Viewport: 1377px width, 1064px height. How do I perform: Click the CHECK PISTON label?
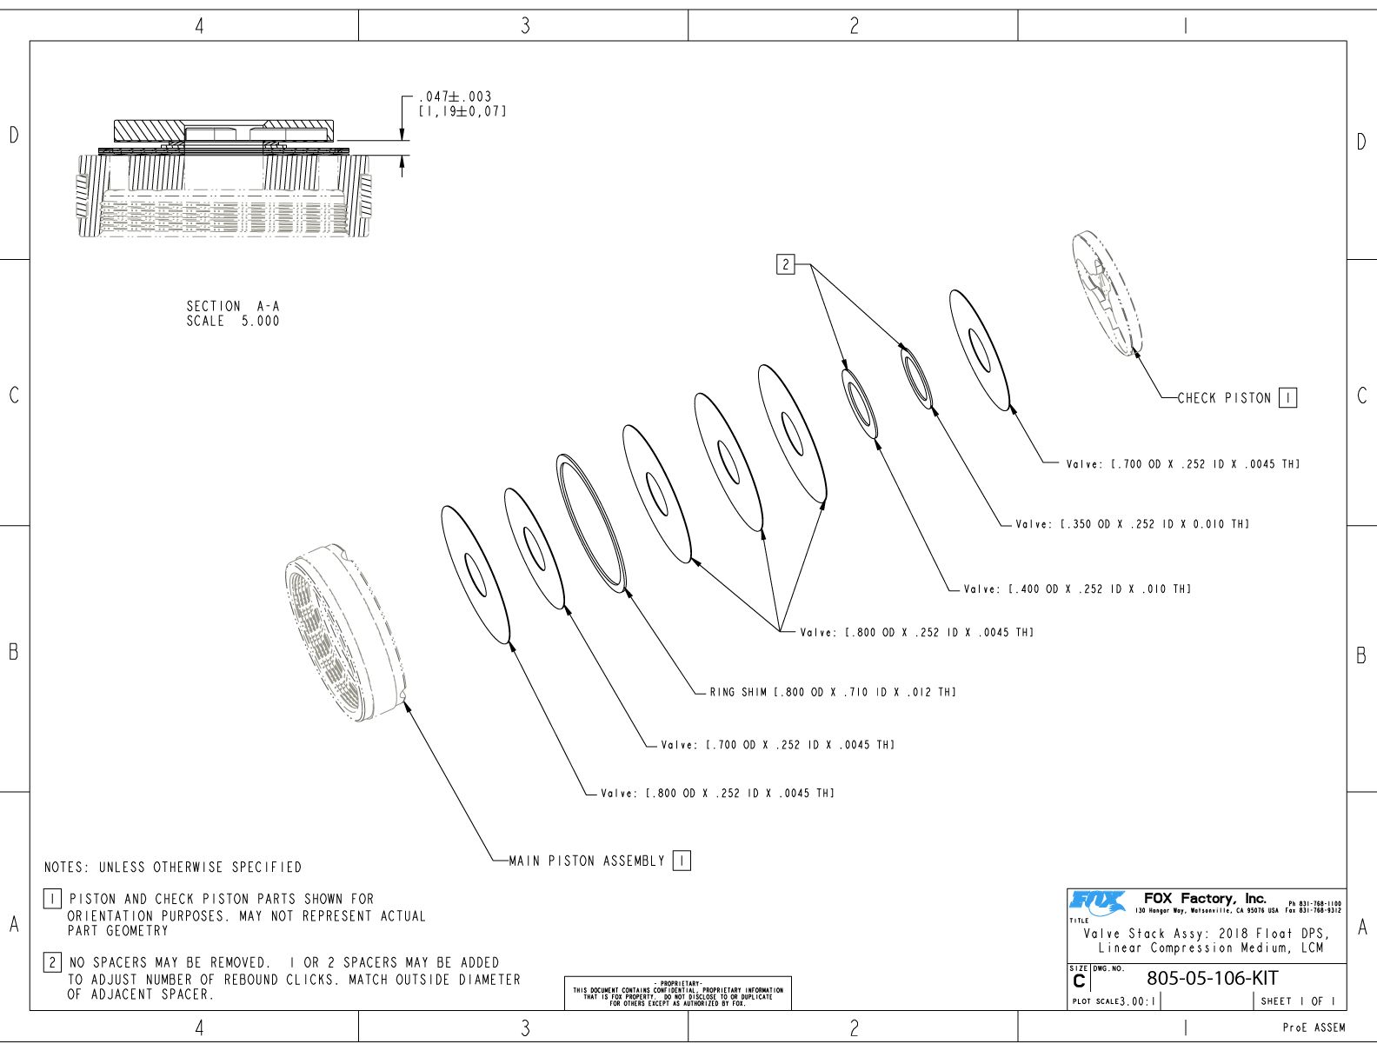click(1224, 398)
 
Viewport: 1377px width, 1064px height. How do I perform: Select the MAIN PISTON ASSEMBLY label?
click(587, 861)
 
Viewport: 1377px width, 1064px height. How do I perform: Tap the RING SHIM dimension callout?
click(833, 692)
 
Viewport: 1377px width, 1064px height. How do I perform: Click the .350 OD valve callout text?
click(1132, 524)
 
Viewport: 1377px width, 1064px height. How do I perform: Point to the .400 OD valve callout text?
click(1077, 589)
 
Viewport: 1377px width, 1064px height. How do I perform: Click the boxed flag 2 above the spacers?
click(786, 264)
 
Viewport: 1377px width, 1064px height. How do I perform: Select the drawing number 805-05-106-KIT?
click(1212, 978)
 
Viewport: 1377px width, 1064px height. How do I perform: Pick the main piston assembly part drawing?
click(345, 633)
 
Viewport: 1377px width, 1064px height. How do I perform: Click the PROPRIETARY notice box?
click(677, 993)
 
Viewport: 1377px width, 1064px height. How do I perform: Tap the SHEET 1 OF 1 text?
click(1298, 1001)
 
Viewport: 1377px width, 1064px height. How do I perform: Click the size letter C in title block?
click(1079, 981)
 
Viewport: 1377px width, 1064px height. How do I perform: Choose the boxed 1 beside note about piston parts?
click(53, 899)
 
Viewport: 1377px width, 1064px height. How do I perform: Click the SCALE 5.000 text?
click(233, 321)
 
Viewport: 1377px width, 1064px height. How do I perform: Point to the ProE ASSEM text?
click(1314, 1027)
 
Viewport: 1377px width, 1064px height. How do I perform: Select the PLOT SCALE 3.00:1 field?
click(1114, 1001)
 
